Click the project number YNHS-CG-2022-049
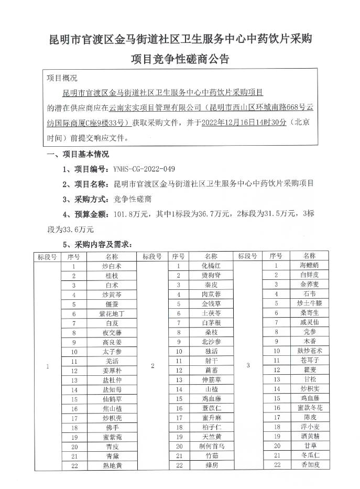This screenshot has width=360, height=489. (x=144, y=169)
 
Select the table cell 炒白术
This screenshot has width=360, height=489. (x=112, y=266)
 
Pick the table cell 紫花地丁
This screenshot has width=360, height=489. (x=112, y=313)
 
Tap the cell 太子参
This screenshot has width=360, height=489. (x=112, y=351)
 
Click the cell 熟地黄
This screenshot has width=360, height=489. (x=112, y=465)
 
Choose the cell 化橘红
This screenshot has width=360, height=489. (x=211, y=266)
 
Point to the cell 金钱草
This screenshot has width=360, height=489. (x=211, y=303)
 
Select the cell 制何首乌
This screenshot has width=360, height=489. (x=211, y=446)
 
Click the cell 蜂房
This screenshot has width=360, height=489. (x=211, y=465)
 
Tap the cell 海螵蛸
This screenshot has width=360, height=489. (x=310, y=266)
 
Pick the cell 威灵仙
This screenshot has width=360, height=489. (x=310, y=322)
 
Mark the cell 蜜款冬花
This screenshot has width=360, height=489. (x=310, y=408)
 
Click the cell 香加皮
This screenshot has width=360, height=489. (x=310, y=465)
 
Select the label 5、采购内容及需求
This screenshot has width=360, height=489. (x=96, y=244)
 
